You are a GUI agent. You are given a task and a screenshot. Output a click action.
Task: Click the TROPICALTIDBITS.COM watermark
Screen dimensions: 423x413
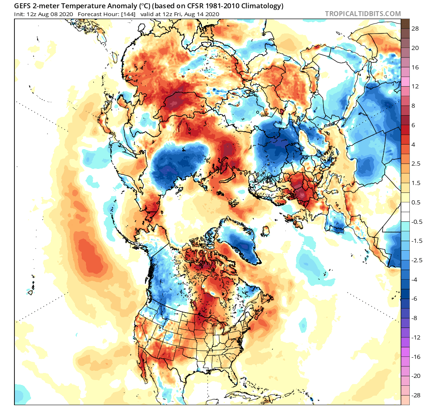(363, 14)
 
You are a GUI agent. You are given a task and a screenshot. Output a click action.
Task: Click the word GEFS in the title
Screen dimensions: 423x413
(22, 6)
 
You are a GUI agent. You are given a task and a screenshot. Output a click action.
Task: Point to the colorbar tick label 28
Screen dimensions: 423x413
(415, 28)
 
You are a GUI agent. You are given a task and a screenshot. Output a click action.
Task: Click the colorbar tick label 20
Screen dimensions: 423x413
(415, 48)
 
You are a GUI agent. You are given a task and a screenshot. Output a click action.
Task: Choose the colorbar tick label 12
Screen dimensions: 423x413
(415, 86)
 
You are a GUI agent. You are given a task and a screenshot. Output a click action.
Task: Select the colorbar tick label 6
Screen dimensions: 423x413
(413, 125)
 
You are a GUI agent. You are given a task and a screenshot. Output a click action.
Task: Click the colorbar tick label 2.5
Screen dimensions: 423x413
(416, 164)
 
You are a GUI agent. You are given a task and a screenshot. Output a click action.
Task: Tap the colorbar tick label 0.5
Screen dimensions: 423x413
(416, 202)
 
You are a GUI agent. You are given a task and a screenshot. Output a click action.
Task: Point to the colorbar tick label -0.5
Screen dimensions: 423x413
(416, 221)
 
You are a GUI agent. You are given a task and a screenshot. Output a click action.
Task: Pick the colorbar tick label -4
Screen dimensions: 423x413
(414, 280)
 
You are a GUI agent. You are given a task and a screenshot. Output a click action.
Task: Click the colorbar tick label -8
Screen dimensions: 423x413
(414, 318)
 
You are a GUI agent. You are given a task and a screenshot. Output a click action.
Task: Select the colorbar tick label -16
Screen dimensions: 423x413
(416, 356)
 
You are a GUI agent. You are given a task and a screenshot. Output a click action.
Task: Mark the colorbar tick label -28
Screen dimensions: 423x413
(416, 395)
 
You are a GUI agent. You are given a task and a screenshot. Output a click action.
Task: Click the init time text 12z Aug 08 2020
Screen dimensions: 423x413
(50, 14)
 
